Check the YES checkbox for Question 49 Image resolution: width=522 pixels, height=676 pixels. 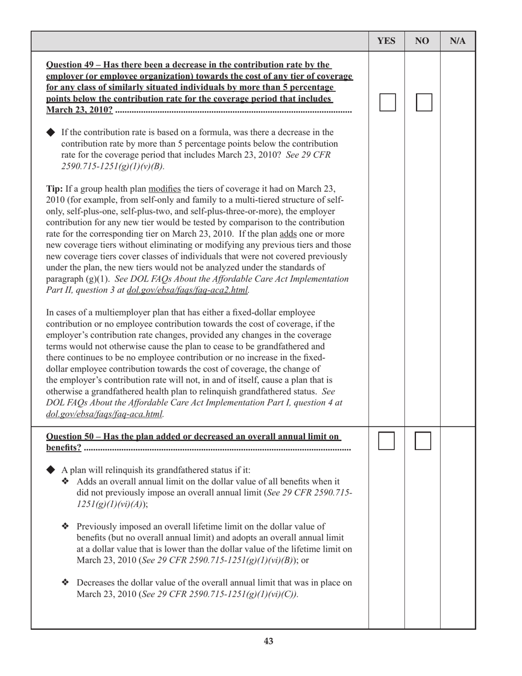pos(387,102)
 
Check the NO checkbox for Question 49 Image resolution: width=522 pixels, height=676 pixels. pos(424,102)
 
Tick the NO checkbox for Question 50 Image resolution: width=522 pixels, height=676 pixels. pos(423,441)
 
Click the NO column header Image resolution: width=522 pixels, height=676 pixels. pos(422,41)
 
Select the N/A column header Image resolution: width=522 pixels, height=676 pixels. pos(458,41)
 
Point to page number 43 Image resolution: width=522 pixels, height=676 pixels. pos(268,641)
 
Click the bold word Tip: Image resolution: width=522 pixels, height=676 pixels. pos(55,189)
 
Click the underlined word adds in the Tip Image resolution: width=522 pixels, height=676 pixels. pos(288,234)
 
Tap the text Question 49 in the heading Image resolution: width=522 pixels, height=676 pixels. pos(69,65)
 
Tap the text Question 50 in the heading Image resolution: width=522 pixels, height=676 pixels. pos(69,436)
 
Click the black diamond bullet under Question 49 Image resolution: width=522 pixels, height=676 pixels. pos(51,132)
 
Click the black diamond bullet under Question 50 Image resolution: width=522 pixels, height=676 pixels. pos(51,470)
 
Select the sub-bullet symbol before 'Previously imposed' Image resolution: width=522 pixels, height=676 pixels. pos(65,526)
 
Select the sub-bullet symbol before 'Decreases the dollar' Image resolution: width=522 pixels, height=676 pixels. pos(65,583)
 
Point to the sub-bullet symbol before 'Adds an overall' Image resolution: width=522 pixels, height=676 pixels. pos(65,481)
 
